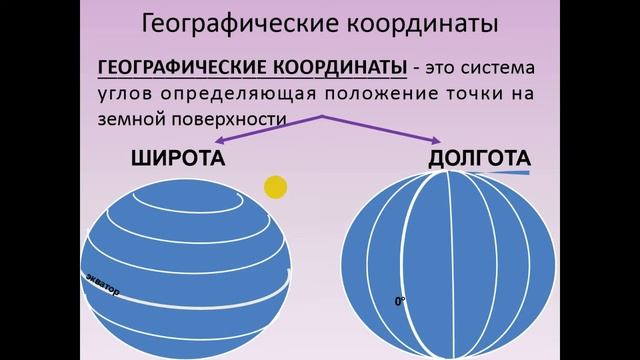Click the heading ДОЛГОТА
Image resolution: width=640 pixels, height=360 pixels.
tap(479, 159)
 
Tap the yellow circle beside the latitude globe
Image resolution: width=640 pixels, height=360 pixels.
tap(276, 186)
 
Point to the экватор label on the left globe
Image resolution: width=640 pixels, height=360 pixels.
tap(102, 284)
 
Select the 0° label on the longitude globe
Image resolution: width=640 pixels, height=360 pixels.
tap(400, 299)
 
